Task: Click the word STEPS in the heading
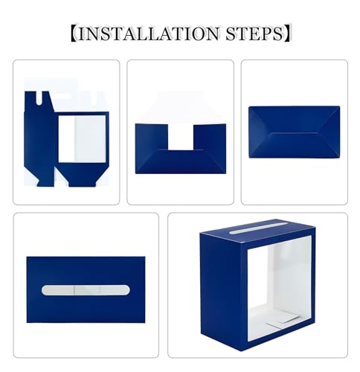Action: pos(250,33)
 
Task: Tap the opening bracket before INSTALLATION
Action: pos(72,33)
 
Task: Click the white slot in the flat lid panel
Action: pos(86,289)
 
